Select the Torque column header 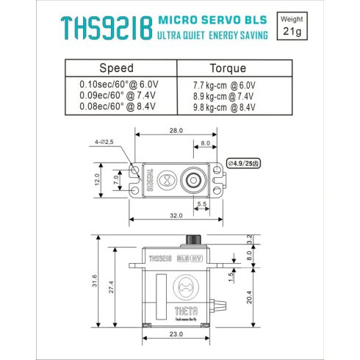pyautogui.click(x=228, y=68)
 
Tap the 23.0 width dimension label pyautogui.click(x=176, y=334)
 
